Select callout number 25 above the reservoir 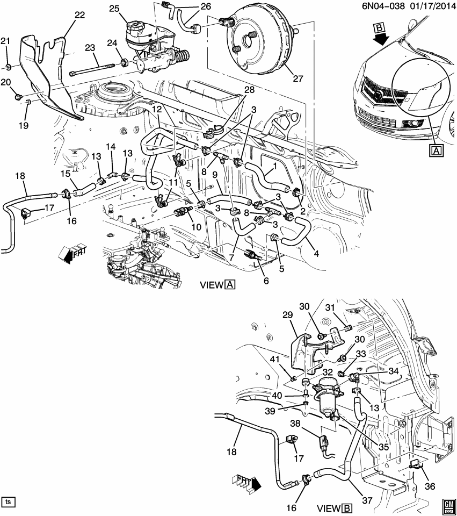click(114, 8)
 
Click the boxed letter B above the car click(380, 27)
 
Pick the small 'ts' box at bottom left click(8, 502)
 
